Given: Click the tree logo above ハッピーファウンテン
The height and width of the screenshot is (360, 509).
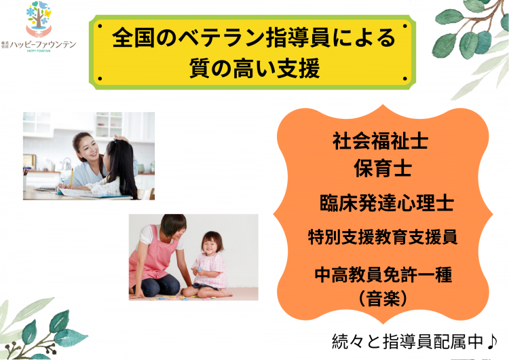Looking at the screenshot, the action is coord(39,18).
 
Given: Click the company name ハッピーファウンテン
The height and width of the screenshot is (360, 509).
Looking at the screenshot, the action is coord(43,45).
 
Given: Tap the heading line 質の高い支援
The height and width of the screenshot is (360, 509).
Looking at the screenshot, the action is coord(254,68).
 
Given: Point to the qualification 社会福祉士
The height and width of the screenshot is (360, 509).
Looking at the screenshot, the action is coord(380,141).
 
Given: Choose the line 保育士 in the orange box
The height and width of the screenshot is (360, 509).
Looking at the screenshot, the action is coord(383,168).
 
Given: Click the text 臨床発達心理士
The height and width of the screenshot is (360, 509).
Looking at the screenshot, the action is coord(386,203).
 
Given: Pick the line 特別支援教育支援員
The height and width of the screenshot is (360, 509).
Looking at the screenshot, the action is coord(383,237).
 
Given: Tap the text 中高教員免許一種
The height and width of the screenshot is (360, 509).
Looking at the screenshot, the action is coord(383,275).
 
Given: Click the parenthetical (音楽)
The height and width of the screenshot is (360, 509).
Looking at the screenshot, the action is coord(383,298).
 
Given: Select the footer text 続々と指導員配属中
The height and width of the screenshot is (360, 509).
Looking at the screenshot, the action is coord(409,342).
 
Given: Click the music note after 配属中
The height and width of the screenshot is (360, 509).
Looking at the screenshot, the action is coord(492,341).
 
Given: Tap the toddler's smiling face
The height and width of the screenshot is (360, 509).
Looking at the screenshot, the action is coord(212,244).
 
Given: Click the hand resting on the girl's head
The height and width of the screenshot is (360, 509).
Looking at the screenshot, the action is coord(121,139).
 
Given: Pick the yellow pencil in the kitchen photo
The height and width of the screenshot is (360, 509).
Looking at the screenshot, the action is coord(71,177).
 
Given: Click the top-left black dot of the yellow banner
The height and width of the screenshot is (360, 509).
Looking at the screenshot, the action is coord(100,26).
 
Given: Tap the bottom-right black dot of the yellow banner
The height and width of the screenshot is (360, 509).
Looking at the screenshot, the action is coord(404,79).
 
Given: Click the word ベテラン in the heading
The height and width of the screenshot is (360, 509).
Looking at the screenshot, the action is coord(222,37).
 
